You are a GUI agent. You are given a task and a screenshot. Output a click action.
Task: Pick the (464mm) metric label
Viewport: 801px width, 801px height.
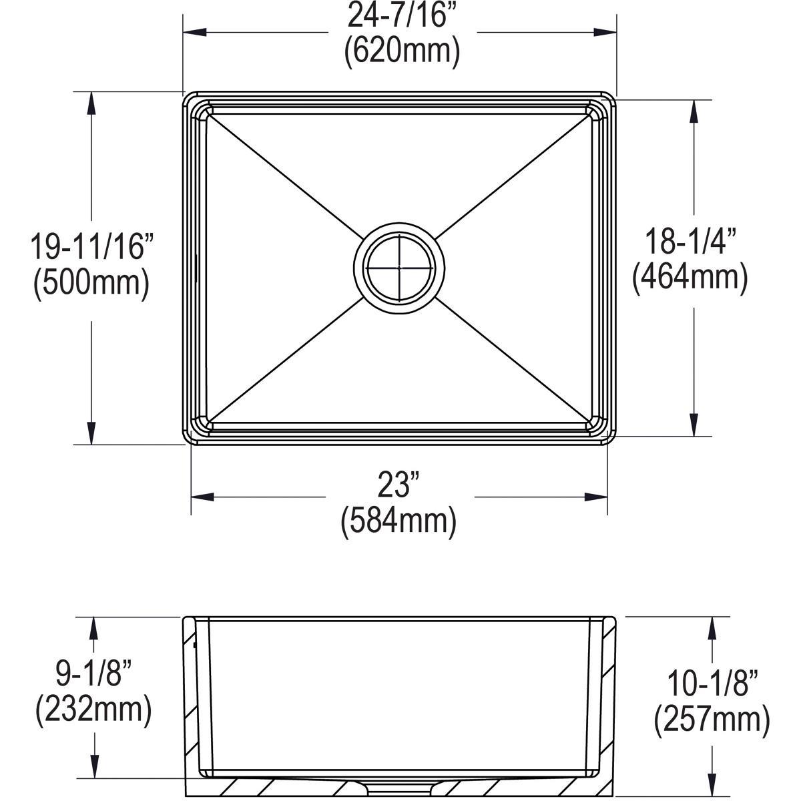(690, 276)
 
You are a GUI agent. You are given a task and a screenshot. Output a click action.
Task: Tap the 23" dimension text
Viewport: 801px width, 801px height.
(399, 486)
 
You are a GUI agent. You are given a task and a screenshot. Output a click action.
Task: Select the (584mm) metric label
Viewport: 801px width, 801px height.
(399, 522)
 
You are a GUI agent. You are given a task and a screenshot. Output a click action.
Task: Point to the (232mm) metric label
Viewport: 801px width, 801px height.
(93, 711)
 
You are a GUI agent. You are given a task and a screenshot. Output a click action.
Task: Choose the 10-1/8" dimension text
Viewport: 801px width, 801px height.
(712, 684)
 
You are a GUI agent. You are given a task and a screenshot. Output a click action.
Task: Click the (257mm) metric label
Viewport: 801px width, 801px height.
(712, 720)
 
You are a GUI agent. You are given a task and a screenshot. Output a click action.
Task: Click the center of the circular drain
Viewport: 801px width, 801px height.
(399, 268)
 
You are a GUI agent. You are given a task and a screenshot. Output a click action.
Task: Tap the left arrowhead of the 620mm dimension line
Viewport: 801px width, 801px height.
(194, 31)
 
